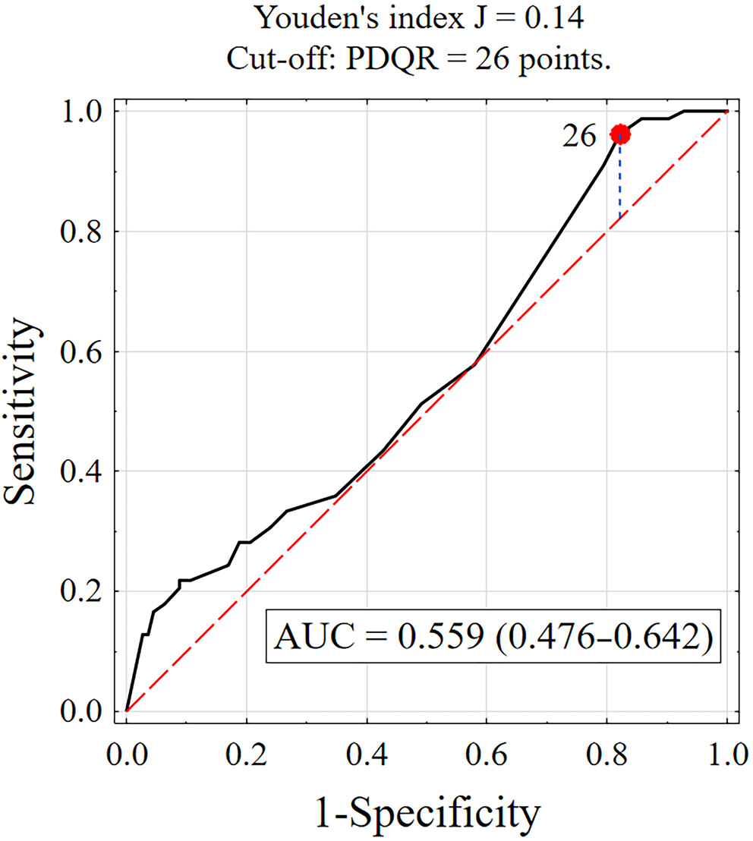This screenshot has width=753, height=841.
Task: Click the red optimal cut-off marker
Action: pyautogui.click(x=620, y=134)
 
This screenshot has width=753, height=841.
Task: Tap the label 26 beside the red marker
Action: pyautogui.click(x=580, y=137)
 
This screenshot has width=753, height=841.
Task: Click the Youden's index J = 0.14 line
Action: pyautogui.click(x=421, y=18)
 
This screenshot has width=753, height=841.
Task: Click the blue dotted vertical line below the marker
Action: pyautogui.click(x=620, y=182)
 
